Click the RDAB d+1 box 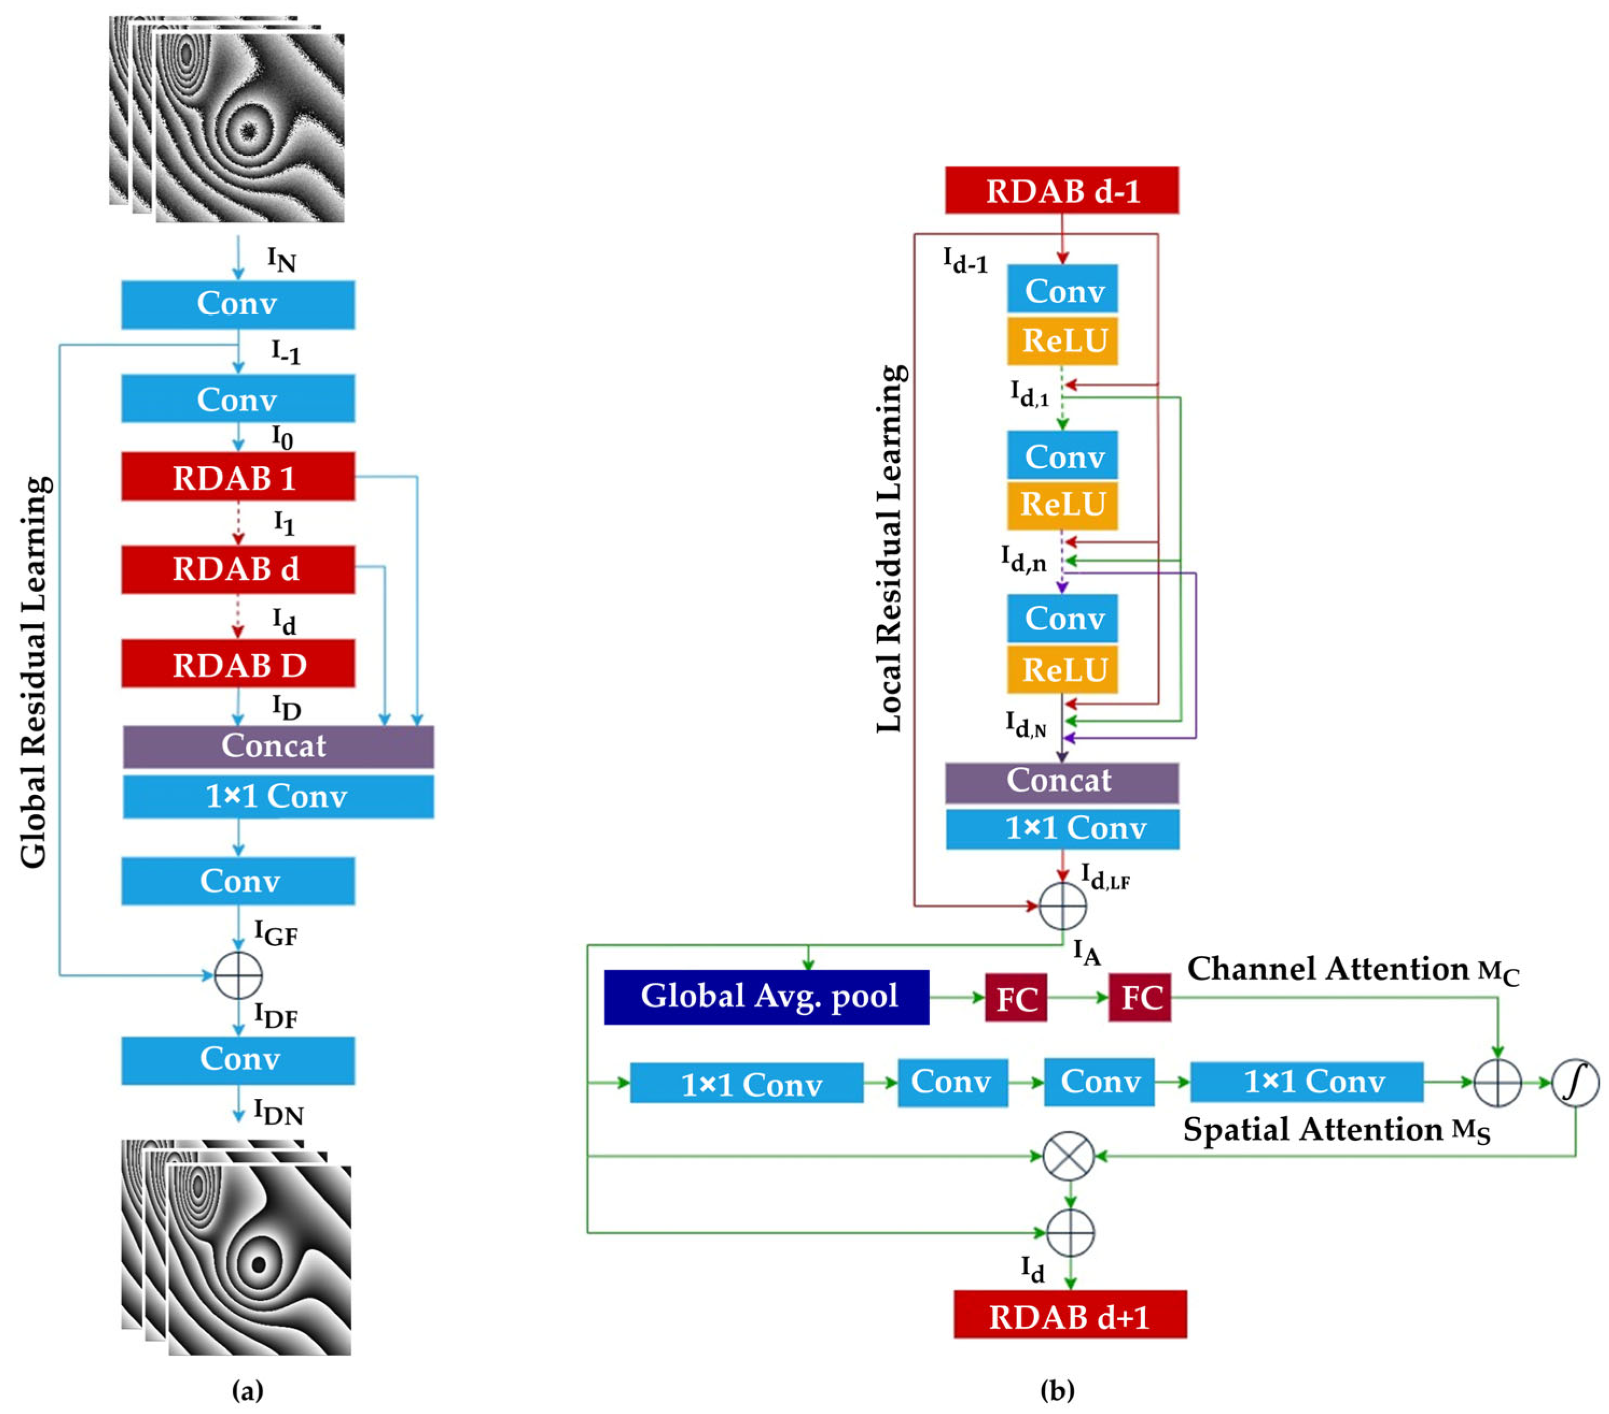coord(1070,1315)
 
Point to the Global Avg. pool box coord(766,997)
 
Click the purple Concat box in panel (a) coord(277,746)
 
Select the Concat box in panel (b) coord(1061,781)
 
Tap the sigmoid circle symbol coord(1575,1083)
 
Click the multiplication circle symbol coord(1068,1156)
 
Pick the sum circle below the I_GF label coord(238,975)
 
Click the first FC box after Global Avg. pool coord(1015,999)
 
